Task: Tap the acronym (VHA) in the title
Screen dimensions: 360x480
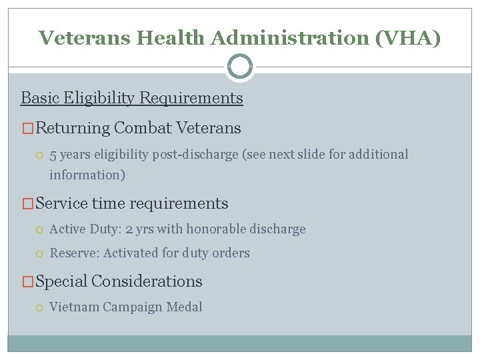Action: (407, 38)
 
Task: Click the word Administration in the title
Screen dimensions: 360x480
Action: (290, 38)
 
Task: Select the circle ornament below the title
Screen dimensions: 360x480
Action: (240, 67)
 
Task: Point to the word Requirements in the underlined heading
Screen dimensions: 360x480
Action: (195, 99)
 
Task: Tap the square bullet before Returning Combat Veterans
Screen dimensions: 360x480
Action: (27, 128)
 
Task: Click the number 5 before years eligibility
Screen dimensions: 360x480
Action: (53, 155)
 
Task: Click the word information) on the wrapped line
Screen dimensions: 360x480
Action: (87, 175)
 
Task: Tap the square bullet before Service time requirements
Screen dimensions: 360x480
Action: (27, 204)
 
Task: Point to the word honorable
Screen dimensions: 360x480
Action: (217, 229)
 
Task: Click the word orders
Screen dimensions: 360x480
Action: (232, 253)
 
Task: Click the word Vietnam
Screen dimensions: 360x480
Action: (75, 307)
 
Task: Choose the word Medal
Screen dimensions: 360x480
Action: (187, 307)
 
